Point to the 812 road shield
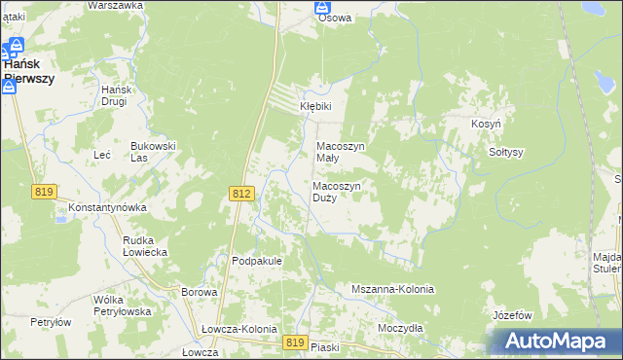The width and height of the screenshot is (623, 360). click(243, 195)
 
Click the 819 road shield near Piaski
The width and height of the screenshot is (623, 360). click(297, 342)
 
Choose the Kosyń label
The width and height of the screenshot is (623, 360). click(486, 126)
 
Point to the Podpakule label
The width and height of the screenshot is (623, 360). click(256, 261)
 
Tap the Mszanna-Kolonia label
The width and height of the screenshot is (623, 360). click(391, 290)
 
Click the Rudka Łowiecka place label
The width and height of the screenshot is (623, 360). click(145, 245)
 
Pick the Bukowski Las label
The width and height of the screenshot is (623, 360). click(153, 151)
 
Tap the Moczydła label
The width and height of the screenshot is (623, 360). click(400, 328)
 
